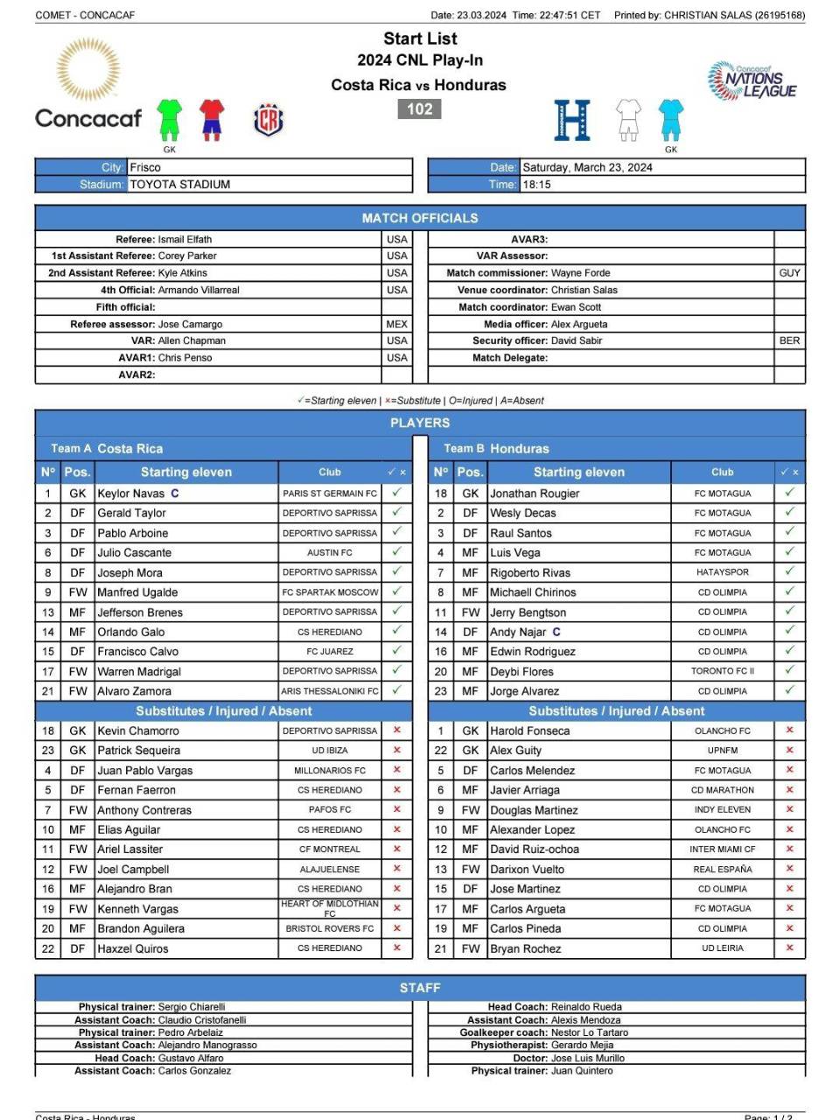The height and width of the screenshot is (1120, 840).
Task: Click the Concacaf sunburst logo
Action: point(87,70)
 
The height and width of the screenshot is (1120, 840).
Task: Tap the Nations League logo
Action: point(752,81)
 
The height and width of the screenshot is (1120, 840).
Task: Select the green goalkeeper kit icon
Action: point(169,119)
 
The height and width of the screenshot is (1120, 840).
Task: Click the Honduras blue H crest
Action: point(572,120)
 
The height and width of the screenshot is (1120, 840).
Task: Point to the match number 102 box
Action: point(420,109)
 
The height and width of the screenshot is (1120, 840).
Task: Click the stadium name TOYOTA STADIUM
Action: point(180,185)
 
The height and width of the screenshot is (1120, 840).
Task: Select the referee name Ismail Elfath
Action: point(185,239)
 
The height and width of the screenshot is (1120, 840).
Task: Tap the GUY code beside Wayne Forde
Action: point(789,273)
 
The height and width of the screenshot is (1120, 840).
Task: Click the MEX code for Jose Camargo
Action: point(396,324)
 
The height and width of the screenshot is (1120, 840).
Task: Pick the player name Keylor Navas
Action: point(131,493)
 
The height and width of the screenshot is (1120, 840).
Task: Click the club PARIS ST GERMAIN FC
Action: point(330,493)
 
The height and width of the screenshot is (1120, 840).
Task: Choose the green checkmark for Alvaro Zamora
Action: point(396,690)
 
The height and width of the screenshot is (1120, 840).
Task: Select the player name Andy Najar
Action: point(517,632)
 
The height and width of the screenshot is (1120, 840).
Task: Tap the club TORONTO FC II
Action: point(723,671)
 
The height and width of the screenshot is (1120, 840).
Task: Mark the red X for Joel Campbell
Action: point(396,869)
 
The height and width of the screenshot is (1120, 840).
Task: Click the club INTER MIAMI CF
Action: point(723,849)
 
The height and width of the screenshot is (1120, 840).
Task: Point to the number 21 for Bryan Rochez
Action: point(441,948)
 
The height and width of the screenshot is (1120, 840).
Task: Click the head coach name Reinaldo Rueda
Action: point(586,1007)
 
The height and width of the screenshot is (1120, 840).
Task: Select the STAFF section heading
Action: point(420,988)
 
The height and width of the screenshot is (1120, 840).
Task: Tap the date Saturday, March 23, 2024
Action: point(587,167)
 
